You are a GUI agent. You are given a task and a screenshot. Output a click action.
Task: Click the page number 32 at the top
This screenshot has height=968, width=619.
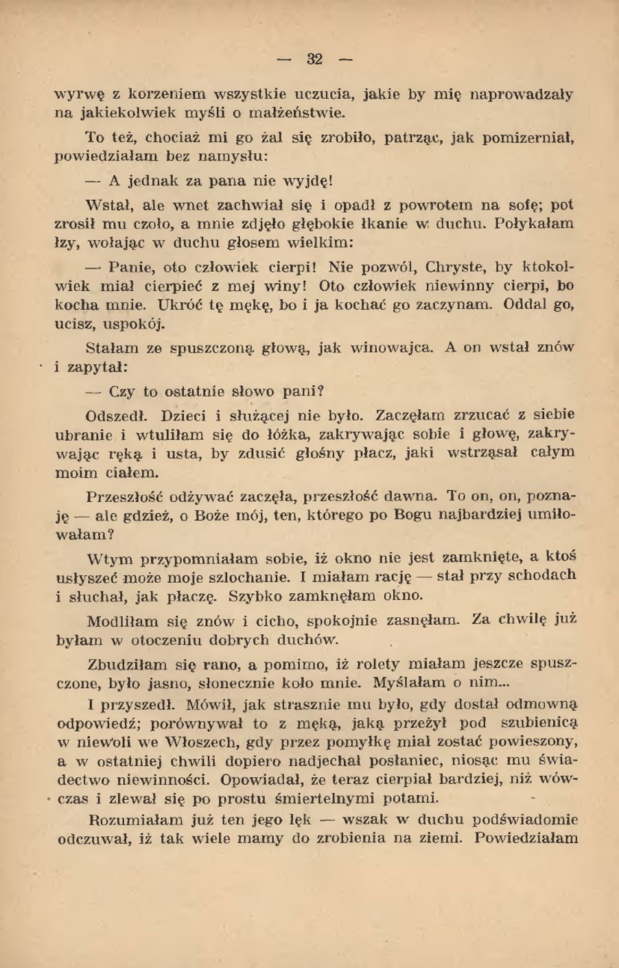point(315,58)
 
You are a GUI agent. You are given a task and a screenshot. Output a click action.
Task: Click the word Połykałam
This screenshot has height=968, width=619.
point(535,224)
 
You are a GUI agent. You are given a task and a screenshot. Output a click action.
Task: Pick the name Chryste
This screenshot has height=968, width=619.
point(456,266)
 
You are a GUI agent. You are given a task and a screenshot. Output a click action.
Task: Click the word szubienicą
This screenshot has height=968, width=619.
point(539,723)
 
